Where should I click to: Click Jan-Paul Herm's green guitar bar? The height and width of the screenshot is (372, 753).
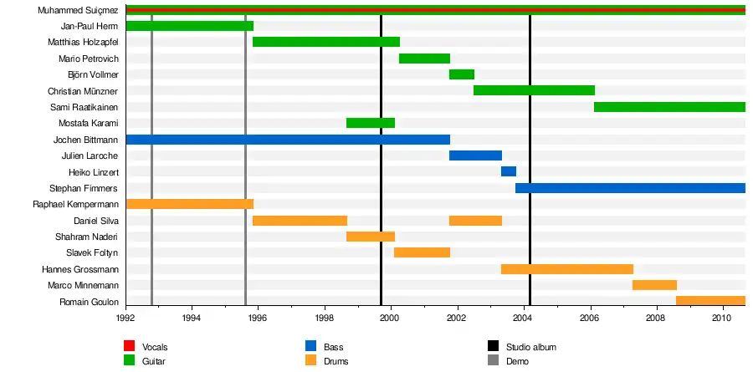[189, 26]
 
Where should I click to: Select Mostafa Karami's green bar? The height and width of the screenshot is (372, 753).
[371, 123]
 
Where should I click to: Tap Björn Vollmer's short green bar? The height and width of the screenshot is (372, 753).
[462, 74]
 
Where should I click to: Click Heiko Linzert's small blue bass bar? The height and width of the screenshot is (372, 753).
[509, 171]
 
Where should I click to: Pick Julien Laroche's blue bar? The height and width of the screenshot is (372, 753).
[475, 155]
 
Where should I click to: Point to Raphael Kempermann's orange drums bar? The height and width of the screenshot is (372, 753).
[189, 204]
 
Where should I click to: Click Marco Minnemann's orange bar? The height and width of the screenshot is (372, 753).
[654, 285]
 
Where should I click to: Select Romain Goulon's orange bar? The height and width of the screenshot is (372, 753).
[710, 301]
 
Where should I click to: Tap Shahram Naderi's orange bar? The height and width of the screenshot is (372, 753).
[371, 237]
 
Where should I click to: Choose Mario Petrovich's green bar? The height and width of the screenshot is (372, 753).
[425, 59]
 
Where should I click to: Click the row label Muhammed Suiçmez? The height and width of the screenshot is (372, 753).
[78, 10]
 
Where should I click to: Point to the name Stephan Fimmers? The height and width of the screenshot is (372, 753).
[84, 188]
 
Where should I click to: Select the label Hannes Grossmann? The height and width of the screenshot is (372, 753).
[79, 269]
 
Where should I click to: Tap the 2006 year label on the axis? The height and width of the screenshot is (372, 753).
[589, 318]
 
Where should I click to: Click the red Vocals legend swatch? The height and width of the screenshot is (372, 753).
[129, 346]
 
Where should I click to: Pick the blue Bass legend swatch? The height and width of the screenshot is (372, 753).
[310, 346]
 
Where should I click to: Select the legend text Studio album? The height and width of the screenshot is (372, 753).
[531, 346]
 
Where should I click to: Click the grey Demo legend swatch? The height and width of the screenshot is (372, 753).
[493, 361]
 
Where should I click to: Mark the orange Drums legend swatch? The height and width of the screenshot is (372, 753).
[310, 361]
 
